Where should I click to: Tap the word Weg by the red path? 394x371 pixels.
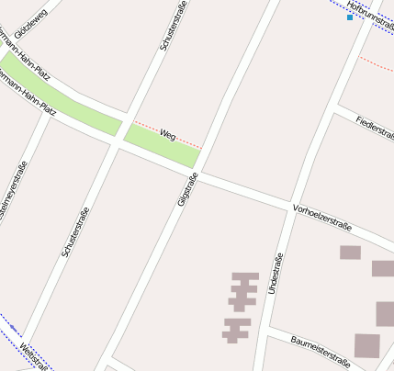(x=167, y=134)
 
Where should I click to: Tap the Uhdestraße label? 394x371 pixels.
(x=273, y=274)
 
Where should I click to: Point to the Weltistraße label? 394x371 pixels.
(x=32, y=355)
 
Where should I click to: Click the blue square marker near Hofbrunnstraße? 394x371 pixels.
(x=350, y=17)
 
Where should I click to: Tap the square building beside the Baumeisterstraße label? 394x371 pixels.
(x=367, y=345)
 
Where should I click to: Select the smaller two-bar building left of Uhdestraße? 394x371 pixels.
(x=237, y=329)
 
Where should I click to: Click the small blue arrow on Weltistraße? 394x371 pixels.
(x=15, y=329)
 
